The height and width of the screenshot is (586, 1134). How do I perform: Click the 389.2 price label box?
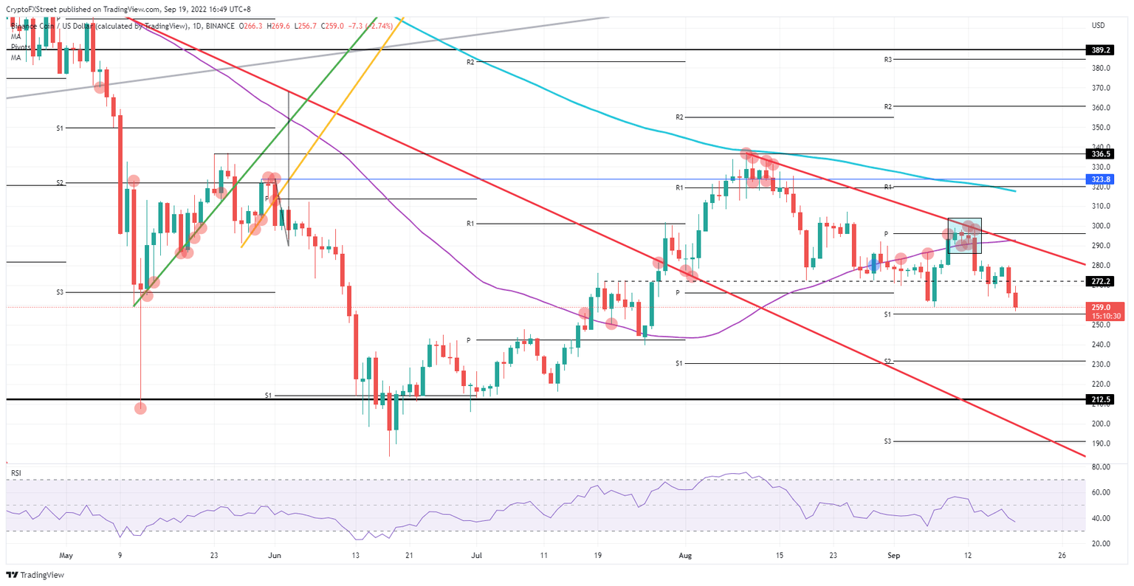click(x=1099, y=50)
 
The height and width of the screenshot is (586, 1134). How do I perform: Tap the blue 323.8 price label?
click(x=1099, y=179)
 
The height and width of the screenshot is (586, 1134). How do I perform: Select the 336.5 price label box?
click(x=1099, y=154)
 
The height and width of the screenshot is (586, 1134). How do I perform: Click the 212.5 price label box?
click(x=1099, y=399)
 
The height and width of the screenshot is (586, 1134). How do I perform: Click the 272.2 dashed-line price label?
click(x=1099, y=281)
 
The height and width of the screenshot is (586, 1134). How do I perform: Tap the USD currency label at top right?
click(x=1098, y=26)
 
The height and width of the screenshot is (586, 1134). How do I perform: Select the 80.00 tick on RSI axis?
click(x=1101, y=467)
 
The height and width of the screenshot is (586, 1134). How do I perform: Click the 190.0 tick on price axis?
click(x=1101, y=444)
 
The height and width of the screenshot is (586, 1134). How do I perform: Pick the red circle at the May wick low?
click(x=140, y=408)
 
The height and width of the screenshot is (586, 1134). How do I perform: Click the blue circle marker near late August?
click(x=873, y=264)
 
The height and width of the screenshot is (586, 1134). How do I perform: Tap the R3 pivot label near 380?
click(x=888, y=59)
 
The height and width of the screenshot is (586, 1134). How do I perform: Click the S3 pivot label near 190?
click(x=888, y=441)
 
